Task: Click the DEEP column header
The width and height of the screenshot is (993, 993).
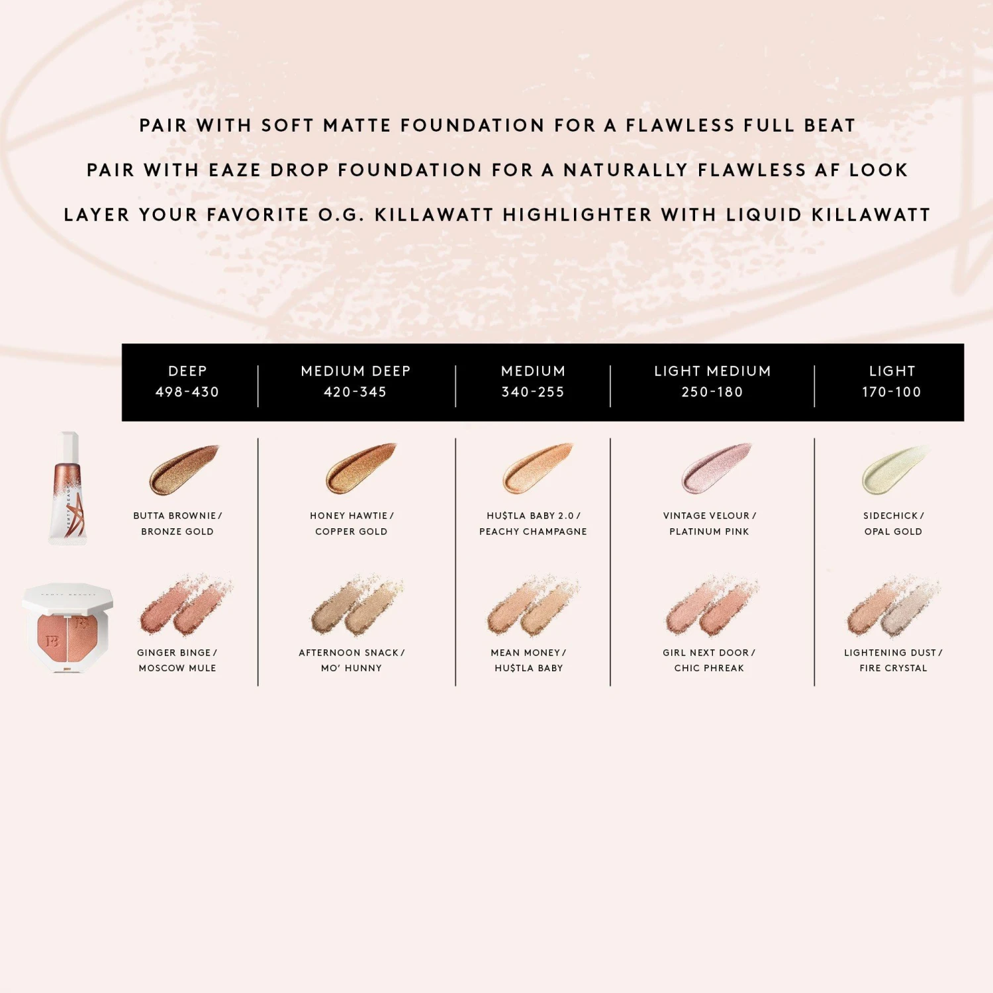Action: pos(187,371)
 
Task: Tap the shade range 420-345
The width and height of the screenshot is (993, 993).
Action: pos(355,392)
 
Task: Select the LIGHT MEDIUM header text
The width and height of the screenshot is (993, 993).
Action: pos(712,371)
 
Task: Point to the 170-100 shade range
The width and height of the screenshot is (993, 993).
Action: pos(892,392)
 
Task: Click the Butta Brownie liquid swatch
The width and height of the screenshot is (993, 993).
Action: pos(183,469)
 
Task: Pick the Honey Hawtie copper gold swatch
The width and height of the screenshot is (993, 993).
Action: pos(361,468)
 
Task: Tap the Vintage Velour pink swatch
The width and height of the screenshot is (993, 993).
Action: pos(717,468)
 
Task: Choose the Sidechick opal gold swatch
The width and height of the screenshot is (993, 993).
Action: pos(895,469)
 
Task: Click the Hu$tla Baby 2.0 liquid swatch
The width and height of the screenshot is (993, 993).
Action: pos(538,468)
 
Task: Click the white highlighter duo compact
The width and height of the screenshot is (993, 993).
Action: pos(68,628)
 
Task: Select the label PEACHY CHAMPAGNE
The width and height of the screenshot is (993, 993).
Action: pos(533,532)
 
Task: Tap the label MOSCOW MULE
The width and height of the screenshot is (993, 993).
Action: pos(177,668)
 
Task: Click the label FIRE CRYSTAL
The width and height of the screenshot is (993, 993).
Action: pos(893,668)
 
